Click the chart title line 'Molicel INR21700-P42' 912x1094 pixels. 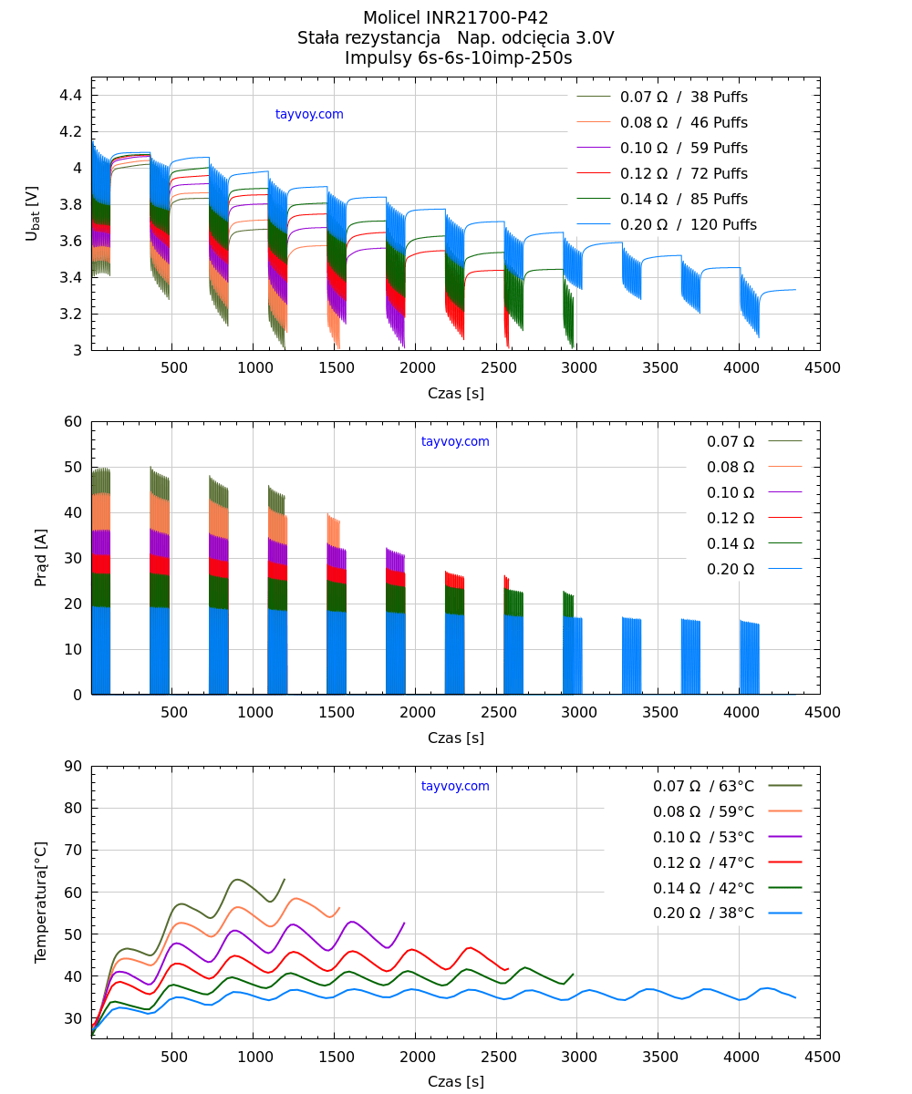[455, 18]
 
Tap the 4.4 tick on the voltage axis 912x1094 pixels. [73, 96]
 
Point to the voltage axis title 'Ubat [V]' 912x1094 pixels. [33, 213]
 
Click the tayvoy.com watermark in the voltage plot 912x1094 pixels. [309, 115]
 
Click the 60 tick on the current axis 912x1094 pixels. [73, 422]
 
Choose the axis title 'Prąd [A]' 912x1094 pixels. [41, 557]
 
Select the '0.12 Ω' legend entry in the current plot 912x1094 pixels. [731, 518]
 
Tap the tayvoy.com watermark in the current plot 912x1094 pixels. [455, 442]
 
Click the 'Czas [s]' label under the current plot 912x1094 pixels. [455, 738]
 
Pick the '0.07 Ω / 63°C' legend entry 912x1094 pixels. [703, 786]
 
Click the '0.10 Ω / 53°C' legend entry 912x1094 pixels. [703, 837]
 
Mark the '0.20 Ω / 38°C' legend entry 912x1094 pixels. [703, 913]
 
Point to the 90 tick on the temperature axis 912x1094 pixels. [73, 767]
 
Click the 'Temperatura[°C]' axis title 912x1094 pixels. [41, 901]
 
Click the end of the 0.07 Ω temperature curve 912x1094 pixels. [285, 880]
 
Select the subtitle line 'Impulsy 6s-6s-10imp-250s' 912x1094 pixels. [455, 58]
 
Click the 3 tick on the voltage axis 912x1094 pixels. [78, 351]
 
